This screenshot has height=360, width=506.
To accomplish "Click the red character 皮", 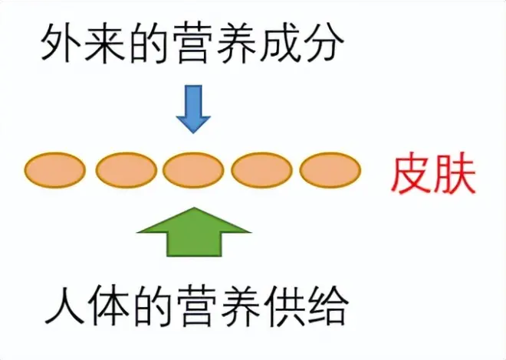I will click(412, 175).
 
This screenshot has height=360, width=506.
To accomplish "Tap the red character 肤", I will click(457, 175).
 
